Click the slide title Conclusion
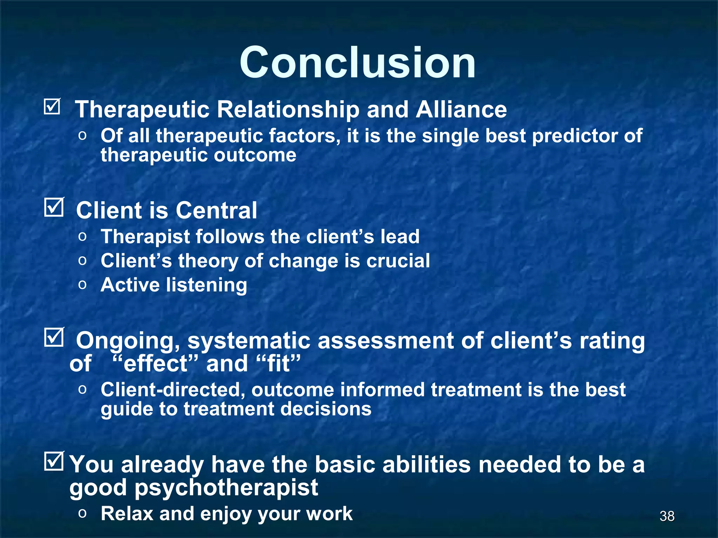click(x=358, y=63)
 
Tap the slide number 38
click(x=667, y=516)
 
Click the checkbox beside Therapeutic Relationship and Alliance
click(x=53, y=106)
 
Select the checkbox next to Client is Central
click(x=54, y=207)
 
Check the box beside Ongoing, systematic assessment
click(x=54, y=337)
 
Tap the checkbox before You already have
click(x=54, y=461)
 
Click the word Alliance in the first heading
click(x=461, y=110)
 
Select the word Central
click(x=216, y=211)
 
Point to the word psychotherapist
click(x=226, y=488)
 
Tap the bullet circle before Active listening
click(x=82, y=285)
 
